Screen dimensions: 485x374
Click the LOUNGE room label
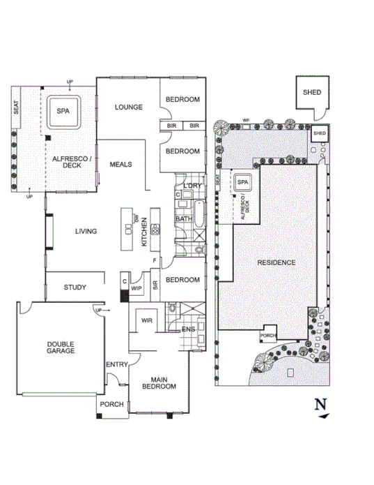[129, 107]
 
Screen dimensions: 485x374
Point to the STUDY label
[75, 287]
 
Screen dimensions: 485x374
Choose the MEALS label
[121, 165]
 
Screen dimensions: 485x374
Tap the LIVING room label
[86, 232]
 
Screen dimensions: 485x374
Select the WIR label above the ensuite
[147, 321]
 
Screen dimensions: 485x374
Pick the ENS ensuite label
[187, 329]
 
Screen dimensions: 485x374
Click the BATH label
[183, 219]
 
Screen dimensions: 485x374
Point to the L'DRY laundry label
[192, 185]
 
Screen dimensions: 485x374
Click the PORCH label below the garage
[111, 405]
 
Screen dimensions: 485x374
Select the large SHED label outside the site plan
[311, 92]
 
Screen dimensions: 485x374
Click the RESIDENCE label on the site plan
[276, 262]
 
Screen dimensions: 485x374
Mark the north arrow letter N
[320, 403]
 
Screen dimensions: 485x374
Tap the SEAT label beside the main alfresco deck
[16, 108]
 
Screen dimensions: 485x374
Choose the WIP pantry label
[137, 287]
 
